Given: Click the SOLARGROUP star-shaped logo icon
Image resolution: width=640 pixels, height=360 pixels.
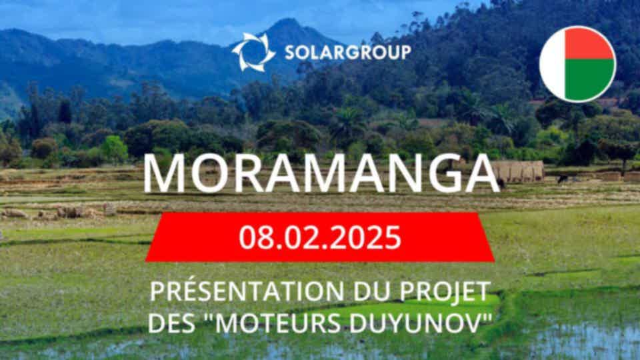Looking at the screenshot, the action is [253, 52].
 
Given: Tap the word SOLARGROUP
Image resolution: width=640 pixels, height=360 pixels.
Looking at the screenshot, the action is [348, 53].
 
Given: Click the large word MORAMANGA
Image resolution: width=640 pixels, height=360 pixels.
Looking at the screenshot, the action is [321, 173].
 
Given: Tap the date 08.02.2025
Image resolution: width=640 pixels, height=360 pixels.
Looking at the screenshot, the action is [320, 237].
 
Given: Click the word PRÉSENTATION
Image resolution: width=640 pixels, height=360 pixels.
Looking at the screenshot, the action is [247, 291].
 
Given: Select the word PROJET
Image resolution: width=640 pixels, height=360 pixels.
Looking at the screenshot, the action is [445, 292].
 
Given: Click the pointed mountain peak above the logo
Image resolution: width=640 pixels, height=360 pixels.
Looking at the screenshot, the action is [287, 21].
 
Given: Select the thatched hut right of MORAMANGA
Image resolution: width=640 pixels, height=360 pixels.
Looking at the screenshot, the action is [517, 171].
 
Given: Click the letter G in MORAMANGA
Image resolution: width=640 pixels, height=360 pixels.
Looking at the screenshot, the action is [443, 173].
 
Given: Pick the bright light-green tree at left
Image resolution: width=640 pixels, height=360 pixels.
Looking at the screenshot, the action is [114, 148].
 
